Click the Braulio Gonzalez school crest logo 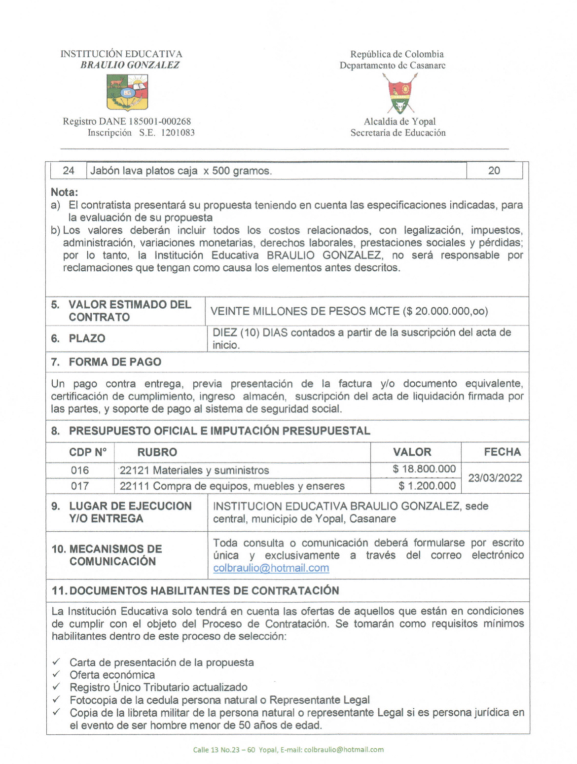127,92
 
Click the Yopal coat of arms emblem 399,94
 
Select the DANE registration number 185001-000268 160,121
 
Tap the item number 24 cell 69,171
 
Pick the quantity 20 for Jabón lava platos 494,171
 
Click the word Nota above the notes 64,192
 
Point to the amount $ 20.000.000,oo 445,311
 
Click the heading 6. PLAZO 78,338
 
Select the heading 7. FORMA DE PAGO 106,362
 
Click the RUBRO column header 157,452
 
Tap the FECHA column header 502,452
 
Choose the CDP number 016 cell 80,470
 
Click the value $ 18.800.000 424,469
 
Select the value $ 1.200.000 427,486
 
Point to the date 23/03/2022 495,478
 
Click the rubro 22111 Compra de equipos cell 232,486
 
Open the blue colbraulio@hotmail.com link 271,568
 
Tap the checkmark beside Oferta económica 57,674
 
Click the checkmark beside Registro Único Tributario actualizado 57,687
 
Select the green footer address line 288,750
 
